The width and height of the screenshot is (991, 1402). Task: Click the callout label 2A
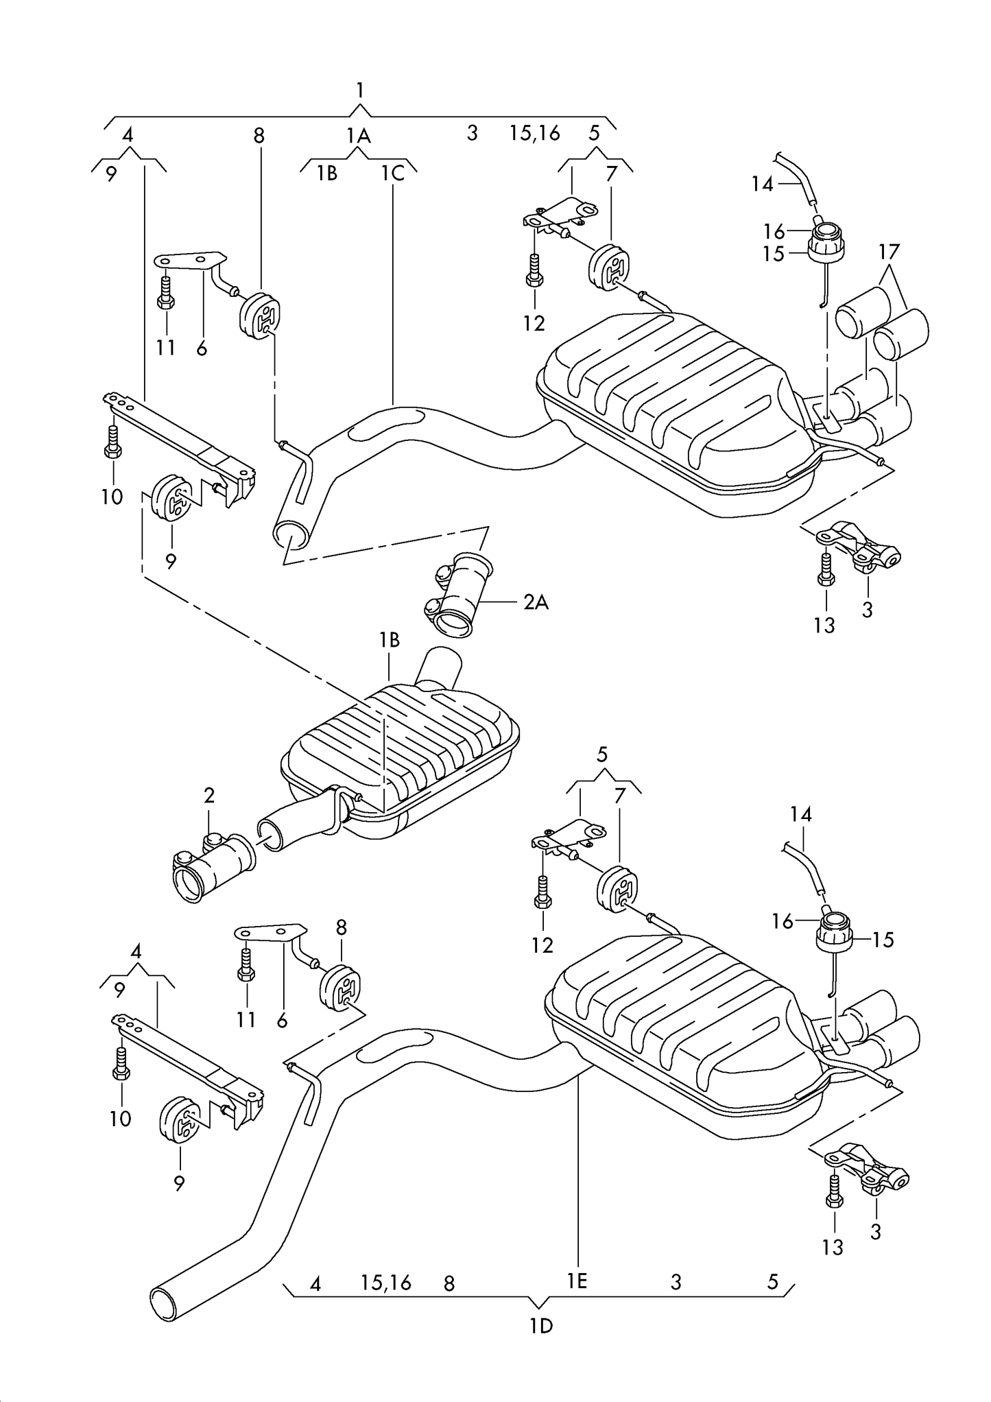coord(536,602)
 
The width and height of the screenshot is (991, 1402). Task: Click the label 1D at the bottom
coord(540,1327)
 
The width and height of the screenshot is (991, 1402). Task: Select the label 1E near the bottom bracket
coord(577,1281)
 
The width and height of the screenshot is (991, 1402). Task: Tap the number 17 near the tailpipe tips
coord(888,252)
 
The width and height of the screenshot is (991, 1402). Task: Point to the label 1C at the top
coord(393,174)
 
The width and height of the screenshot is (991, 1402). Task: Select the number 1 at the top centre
coord(359,90)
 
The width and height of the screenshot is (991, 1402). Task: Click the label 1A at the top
coord(358,136)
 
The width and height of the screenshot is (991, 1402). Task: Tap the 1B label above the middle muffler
coord(389,640)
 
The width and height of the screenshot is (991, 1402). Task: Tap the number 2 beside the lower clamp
coord(209,796)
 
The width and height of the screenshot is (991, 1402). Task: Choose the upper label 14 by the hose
coord(762,184)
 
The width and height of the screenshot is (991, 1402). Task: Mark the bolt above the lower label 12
coord(542,892)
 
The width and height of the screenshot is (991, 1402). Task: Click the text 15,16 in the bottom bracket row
coord(385,1283)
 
